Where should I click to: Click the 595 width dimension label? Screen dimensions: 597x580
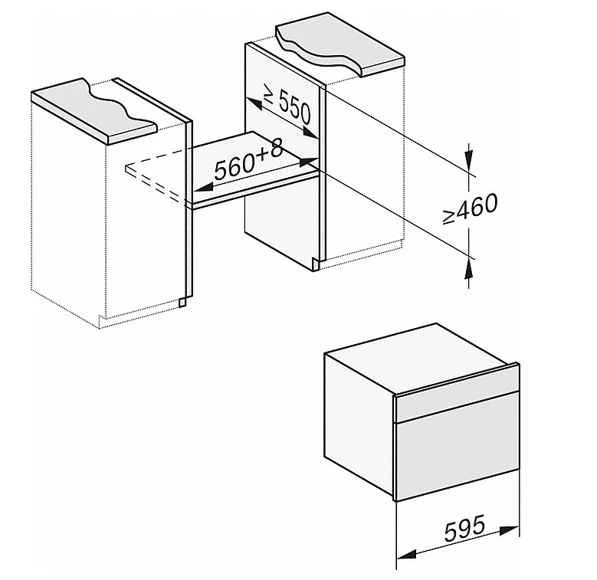[464, 528]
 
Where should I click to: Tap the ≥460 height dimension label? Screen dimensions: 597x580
[471, 208]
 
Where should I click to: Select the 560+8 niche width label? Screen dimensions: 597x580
[248, 160]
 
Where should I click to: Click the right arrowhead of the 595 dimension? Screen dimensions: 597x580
[510, 530]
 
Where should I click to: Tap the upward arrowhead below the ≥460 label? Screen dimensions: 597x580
[469, 270]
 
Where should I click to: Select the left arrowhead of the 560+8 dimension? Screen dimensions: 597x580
[203, 187]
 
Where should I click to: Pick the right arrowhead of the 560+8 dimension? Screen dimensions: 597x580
[308, 162]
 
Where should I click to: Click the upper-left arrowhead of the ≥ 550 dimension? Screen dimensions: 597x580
[254, 103]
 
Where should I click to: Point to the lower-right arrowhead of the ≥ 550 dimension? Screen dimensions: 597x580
[310, 133]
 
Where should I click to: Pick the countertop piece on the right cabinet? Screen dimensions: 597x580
[340, 45]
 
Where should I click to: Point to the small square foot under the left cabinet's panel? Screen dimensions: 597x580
[182, 302]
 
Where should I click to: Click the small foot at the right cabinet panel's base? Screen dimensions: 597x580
[316, 264]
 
